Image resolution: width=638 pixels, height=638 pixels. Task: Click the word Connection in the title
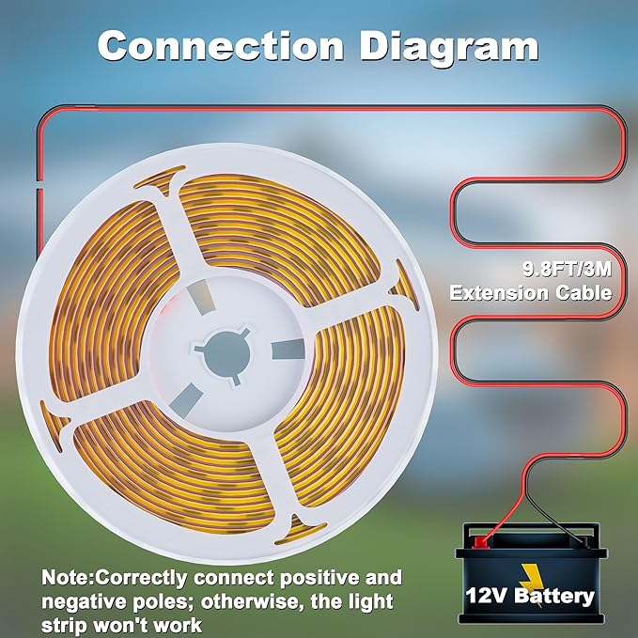click(x=221, y=45)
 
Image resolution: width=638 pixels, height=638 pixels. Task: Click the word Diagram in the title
click(x=449, y=48)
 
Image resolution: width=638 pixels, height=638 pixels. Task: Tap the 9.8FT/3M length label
click(x=568, y=269)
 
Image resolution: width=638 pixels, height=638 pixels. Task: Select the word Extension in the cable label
click(x=500, y=292)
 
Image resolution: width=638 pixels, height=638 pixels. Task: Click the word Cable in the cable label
click(x=584, y=292)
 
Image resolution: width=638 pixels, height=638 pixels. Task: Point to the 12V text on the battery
click(x=486, y=596)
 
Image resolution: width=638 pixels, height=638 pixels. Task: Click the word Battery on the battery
click(x=553, y=596)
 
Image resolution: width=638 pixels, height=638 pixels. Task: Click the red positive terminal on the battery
click(x=480, y=541)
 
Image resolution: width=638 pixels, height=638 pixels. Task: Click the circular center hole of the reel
click(x=226, y=354)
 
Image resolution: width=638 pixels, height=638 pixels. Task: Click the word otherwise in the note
click(x=252, y=601)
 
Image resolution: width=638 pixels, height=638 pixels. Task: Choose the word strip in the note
click(x=64, y=627)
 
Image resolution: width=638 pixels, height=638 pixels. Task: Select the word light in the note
click(x=372, y=602)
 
